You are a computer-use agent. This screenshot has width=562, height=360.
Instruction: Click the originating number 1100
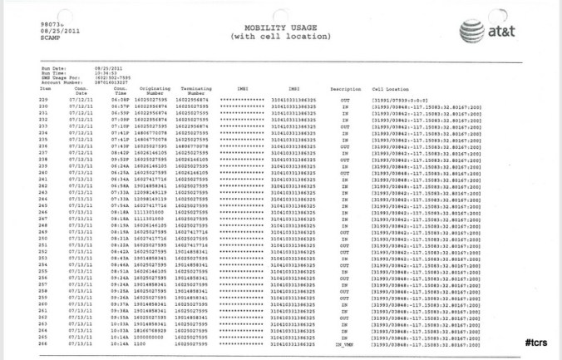click(150, 343)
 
